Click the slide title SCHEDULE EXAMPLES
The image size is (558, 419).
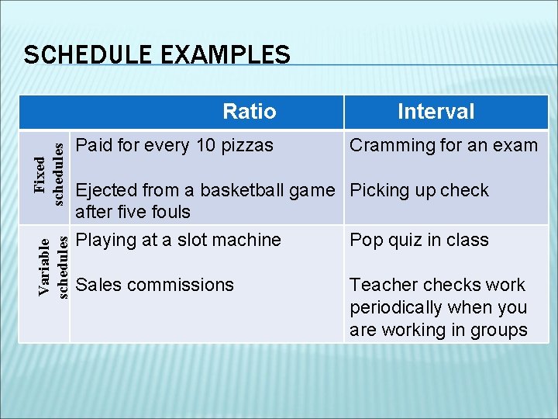coord(157,55)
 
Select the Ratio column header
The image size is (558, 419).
coord(249,112)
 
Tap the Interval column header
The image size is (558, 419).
coord(436,112)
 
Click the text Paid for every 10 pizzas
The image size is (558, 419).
coord(174,145)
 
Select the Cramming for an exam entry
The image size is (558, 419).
coord(443,145)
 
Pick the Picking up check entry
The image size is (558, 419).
coord(419,190)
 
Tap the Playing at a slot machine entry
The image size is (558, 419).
coord(178,240)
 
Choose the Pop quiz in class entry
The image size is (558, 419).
coord(419,240)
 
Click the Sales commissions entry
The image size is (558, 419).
coord(155,285)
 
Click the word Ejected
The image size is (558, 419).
coord(106,190)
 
